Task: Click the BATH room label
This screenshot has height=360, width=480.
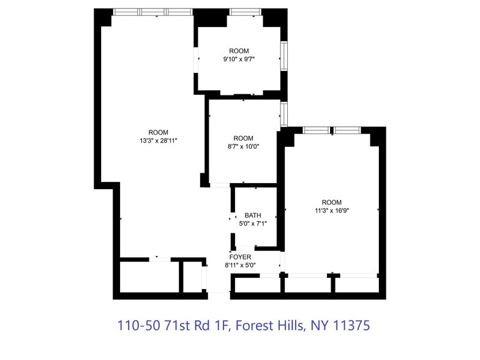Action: point(253,216)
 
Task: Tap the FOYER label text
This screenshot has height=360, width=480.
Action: point(240,257)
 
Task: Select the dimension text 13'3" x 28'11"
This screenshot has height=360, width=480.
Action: point(158,141)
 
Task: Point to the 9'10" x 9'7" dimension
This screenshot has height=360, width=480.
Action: point(239,59)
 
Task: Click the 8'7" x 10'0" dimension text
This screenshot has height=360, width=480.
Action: point(243,147)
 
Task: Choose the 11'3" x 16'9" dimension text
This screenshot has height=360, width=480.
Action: point(331,211)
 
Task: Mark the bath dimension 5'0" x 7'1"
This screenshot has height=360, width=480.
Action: point(253,223)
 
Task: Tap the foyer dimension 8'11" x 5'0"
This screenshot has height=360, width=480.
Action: point(240,265)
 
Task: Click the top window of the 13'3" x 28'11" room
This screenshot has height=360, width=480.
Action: point(153,12)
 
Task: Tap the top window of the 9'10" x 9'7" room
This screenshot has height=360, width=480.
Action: point(245,12)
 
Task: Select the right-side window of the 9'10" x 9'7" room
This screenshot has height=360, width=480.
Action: point(284,56)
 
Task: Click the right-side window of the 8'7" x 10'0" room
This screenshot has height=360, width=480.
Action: point(284,113)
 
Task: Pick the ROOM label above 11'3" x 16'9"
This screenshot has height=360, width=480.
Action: point(331,203)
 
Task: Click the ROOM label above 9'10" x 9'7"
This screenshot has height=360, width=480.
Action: point(239,51)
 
